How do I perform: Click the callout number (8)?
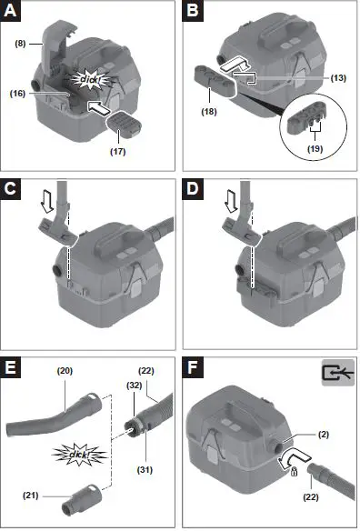pyautogui.click(x=21, y=41)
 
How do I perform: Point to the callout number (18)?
pyautogui.click(x=208, y=113)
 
